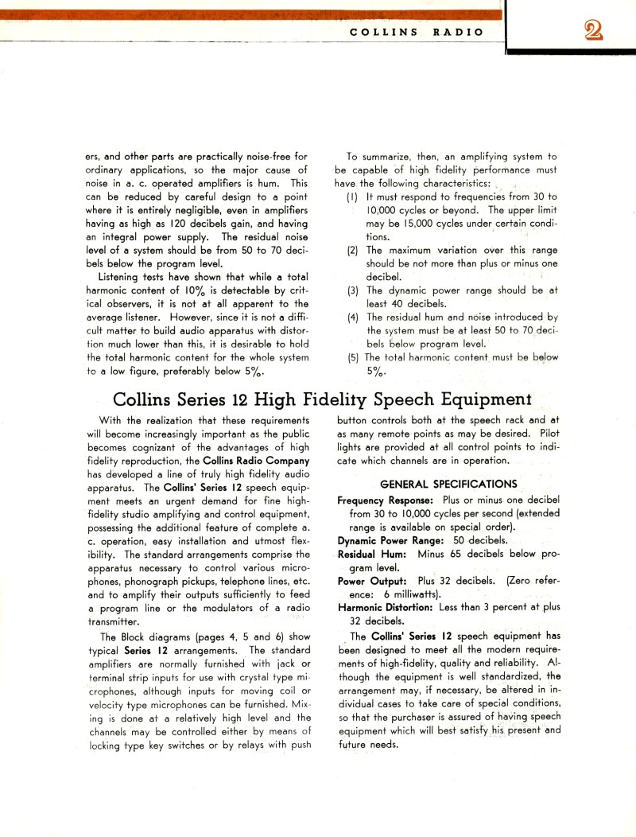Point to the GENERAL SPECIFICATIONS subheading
point(448,484)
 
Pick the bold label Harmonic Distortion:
point(386,608)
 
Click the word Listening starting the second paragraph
point(123,277)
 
